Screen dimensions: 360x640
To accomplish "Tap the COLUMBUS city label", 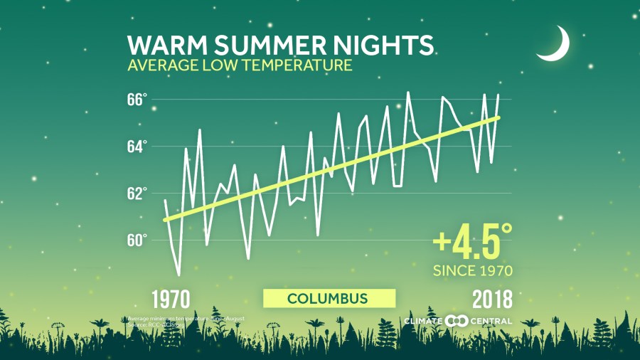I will click(x=328, y=298).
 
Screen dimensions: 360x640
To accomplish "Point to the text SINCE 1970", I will click(x=473, y=270).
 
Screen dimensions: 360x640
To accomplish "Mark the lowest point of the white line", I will click(x=178, y=275).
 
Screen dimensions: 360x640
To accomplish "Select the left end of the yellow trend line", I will click(x=165, y=220).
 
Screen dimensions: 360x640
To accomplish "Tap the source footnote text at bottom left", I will click(x=186, y=321).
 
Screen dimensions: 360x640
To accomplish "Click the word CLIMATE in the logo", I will click(x=424, y=321).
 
